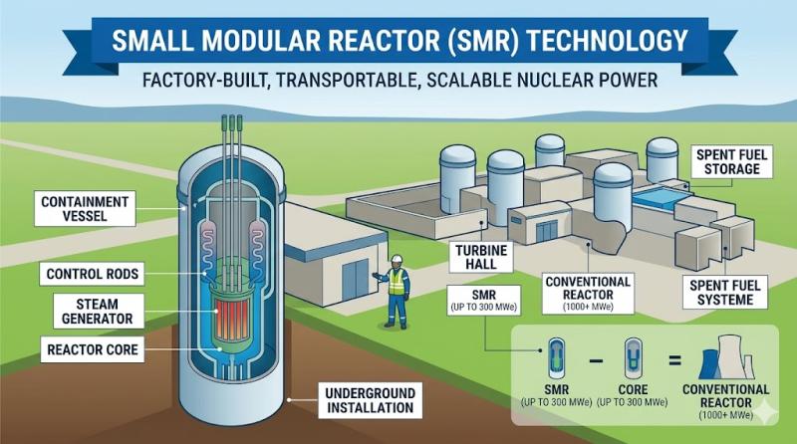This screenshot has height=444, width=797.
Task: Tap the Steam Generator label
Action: [85, 312]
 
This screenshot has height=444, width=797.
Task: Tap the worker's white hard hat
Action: [397, 260]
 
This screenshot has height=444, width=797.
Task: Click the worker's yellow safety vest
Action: [398, 285]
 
